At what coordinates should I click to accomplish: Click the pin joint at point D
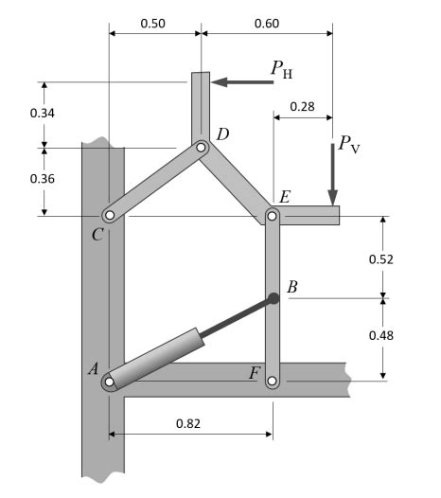[202, 148]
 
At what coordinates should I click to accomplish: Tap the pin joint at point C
[110, 216]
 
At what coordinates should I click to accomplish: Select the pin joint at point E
[273, 216]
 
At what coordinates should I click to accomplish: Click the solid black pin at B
[273, 299]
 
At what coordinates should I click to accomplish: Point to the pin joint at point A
[110, 382]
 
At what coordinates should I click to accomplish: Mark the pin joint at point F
[273, 382]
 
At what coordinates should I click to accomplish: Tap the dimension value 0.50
[154, 21]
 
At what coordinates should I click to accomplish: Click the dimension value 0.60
[266, 21]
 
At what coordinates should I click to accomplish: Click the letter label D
[222, 134]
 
